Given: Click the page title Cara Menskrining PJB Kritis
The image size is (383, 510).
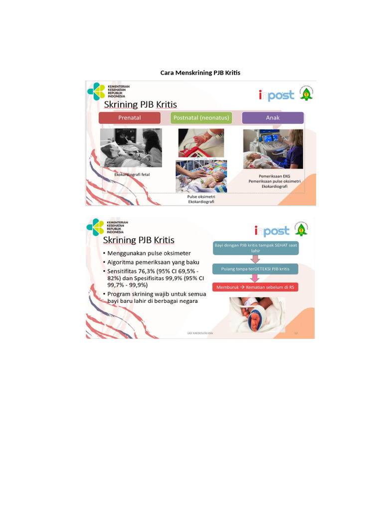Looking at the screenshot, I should click(200, 73).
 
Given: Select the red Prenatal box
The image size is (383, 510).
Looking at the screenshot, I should click(130, 118).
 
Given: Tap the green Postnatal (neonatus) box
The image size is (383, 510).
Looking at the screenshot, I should click(201, 118).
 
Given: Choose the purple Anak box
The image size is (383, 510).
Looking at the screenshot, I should click(273, 118).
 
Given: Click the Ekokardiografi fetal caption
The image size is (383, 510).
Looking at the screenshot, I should click(132, 175).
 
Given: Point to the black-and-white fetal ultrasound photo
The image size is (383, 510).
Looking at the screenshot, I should click(131, 148).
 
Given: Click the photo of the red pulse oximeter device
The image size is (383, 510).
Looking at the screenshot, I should click(201, 143).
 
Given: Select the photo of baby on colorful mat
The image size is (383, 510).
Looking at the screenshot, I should click(201, 176).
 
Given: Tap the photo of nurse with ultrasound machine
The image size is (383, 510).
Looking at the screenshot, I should click(273, 149).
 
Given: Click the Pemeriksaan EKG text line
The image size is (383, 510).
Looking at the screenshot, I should click(274, 176).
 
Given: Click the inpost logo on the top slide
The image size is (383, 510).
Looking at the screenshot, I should click(276, 95).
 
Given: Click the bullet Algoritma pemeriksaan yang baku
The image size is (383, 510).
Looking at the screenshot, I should click(153, 262).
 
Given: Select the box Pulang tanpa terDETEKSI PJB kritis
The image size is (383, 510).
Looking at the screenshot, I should click(256, 269).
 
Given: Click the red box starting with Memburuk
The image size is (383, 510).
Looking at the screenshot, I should click(255, 287).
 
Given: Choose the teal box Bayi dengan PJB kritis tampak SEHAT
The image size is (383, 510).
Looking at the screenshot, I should click(256, 248).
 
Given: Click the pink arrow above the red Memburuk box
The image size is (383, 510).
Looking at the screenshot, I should click(256, 278).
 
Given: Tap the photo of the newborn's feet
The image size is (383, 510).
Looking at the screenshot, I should click(257, 315).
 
